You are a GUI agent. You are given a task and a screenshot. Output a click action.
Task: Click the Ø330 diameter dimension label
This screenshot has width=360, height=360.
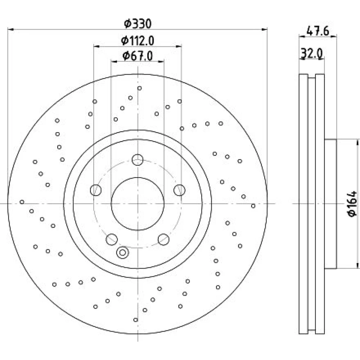click(x=138, y=24)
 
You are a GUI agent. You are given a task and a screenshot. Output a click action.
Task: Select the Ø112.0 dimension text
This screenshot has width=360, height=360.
click(x=138, y=41)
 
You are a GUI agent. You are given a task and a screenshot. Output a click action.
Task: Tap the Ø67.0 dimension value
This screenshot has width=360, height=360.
click(x=138, y=56)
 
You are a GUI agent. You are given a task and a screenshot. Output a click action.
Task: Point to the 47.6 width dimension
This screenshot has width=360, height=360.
click(x=318, y=31)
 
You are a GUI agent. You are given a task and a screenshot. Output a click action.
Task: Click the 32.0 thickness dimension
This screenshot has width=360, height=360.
click(x=311, y=54)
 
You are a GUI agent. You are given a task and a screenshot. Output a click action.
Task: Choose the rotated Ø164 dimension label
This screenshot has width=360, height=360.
click(x=352, y=204)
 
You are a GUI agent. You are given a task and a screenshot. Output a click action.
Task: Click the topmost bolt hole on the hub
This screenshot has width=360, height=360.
click(x=138, y=160)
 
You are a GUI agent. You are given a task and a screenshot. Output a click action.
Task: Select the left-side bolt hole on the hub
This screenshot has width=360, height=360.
click(x=96, y=190)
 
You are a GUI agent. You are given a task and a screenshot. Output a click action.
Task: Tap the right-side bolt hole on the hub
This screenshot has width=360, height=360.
click(x=180, y=190)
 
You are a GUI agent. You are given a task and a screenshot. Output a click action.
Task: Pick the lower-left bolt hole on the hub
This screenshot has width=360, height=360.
click(x=112, y=239)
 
